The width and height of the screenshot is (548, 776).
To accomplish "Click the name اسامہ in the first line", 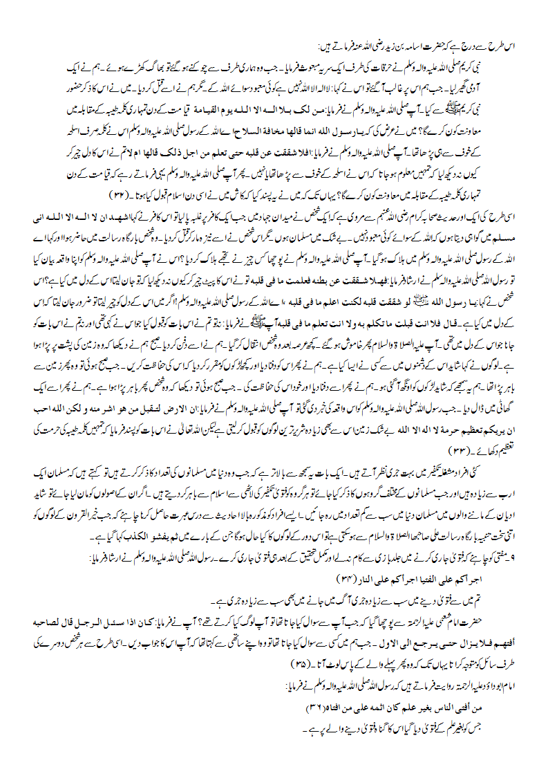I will (384, 47).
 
